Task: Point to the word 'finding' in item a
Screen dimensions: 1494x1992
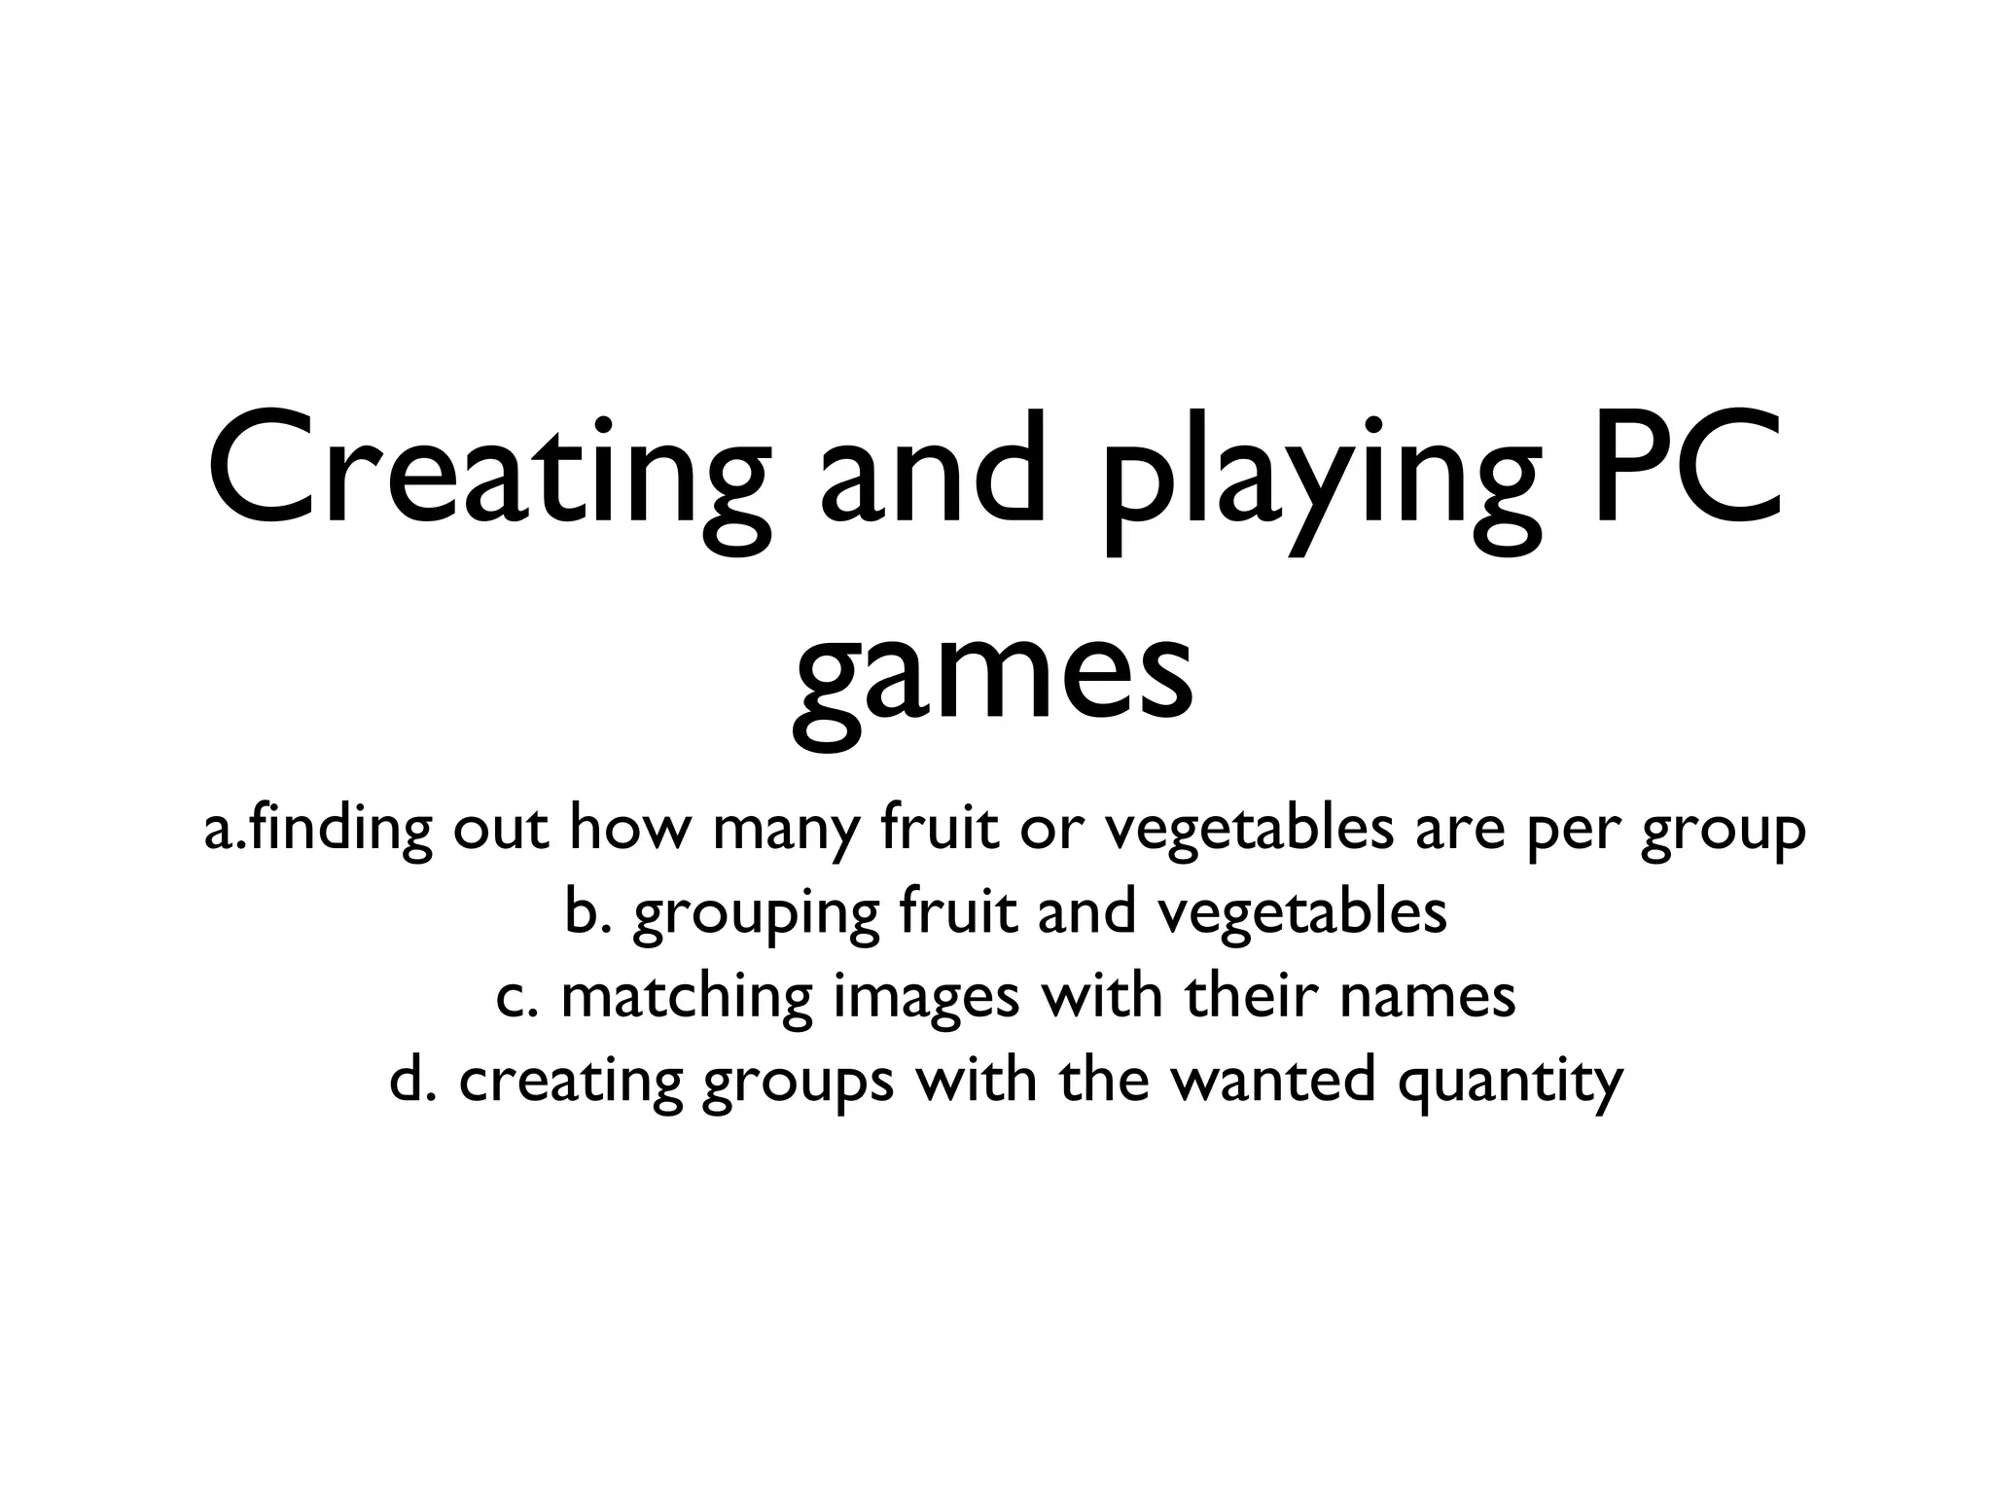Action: click(x=336, y=830)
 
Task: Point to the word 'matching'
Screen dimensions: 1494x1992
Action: click(x=687, y=998)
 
